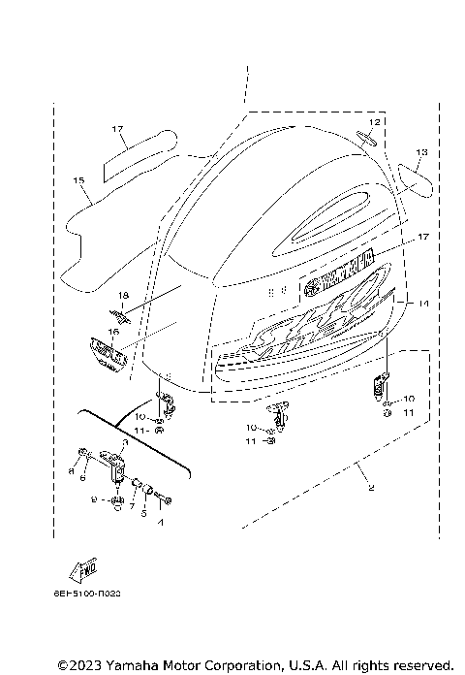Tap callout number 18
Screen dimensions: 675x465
point(123,294)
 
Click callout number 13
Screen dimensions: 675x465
point(421,152)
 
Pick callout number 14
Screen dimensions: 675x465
point(421,303)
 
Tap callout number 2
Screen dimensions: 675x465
point(369,489)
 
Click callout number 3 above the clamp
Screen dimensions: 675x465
point(123,441)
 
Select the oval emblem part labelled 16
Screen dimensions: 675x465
point(109,350)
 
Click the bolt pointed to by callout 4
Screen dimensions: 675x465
point(167,500)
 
